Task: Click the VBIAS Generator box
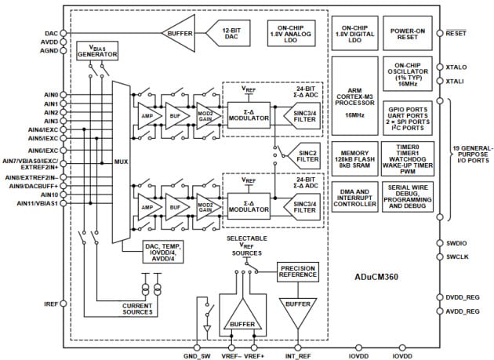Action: (x=97, y=50)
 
